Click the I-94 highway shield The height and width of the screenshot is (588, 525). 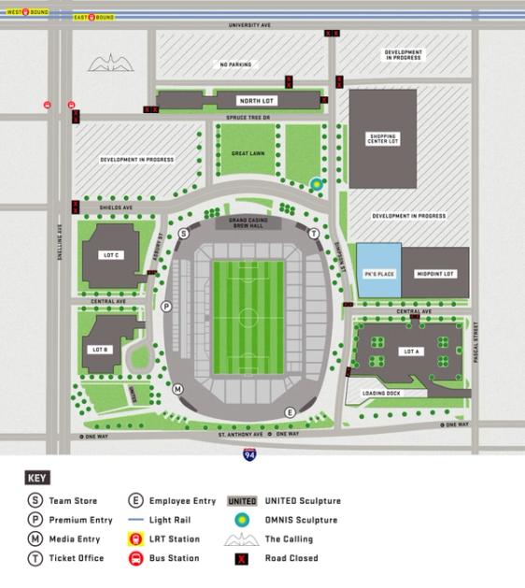pyautogui.click(x=249, y=454)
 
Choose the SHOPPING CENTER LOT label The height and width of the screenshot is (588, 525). pyautogui.click(x=382, y=139)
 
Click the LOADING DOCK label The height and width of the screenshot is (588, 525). pyautogui.click(x=381, y=394)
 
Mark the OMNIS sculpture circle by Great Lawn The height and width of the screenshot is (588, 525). pyautogui.click(x=317, y=184)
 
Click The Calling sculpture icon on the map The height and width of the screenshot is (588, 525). pyautogui.click(x=111, y=64)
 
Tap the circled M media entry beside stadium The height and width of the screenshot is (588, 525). pyautogui.click(x=177, y=389)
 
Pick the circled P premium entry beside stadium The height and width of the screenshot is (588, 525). pyautogui.click(x=166, y=306)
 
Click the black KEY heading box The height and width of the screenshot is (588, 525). pyautogui.click(x=37, y=478)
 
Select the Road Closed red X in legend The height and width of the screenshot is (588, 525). pyautogui.click(x=242, y=558)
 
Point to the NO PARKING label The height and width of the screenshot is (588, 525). pyautogui.click(x=235, y=65)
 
